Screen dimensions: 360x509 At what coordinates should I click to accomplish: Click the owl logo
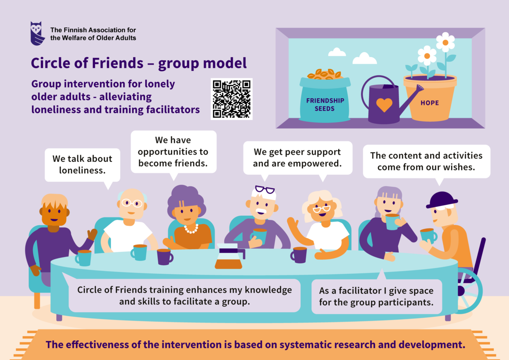tap(38, 33)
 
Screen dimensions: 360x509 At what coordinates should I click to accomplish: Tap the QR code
tap(231, 99)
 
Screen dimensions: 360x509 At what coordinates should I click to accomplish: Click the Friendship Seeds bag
tap(325, 100)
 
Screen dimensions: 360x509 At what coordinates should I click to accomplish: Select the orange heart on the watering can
tap(384, 105)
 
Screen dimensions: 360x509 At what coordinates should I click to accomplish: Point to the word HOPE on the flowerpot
tap(430, 103)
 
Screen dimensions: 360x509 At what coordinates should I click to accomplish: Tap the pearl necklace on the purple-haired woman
tap(191, 229)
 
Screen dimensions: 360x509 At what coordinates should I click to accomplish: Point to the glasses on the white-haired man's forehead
tap(265, 190)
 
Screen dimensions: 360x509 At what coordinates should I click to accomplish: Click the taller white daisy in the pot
tap(445, 42)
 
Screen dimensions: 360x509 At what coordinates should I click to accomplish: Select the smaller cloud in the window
tap(337, 52)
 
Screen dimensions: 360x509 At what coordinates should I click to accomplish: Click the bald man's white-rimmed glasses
tap(132, 203)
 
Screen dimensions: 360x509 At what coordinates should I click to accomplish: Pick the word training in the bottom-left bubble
tap(163, 290)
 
